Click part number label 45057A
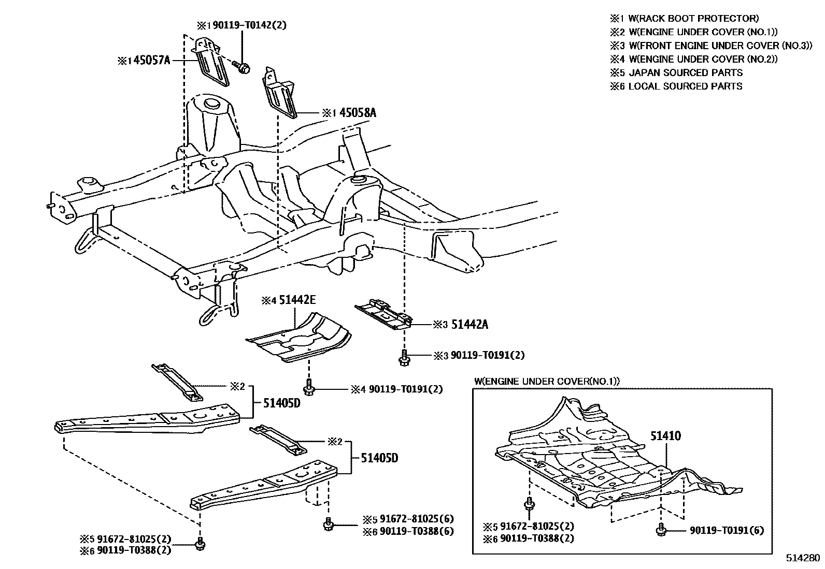(152, 61)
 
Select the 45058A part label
(358, 112)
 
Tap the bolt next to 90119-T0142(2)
(241, 67)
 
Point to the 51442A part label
(470, 325)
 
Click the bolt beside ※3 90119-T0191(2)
(404, 357)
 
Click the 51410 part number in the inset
(666, 436)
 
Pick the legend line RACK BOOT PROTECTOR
(693, 19)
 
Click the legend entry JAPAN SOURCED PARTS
(685, 73)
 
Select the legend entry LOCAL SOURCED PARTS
(685, 86)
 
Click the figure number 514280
(803, 558)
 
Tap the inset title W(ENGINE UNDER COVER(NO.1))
(547, 382)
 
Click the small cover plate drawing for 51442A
(383, 314)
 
